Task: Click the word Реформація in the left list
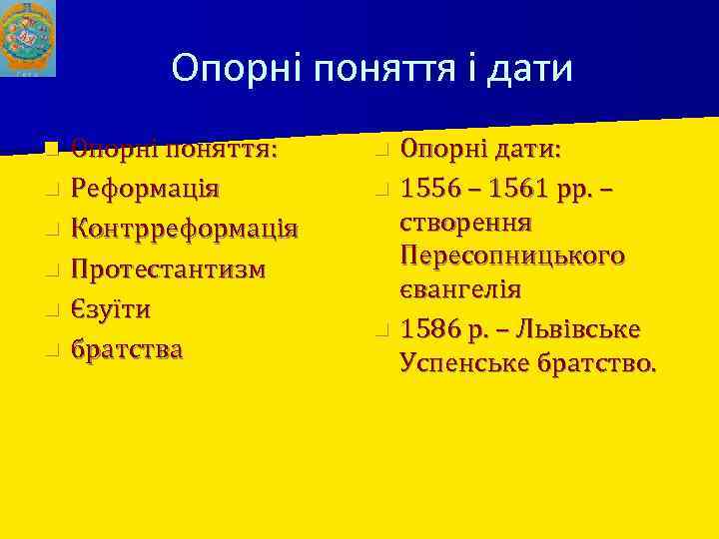pyautogui.click(x=146, y=190)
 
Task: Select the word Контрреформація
pyautogui.click(x=184, y=230)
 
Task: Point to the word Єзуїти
pyautogui.click(x=110, y=309)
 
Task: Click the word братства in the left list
pyautogui.click(x=126, y=350)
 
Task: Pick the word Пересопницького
pyautogui.click(x=512, y=257)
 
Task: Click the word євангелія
pyautogui.click(x=460, y=289)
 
